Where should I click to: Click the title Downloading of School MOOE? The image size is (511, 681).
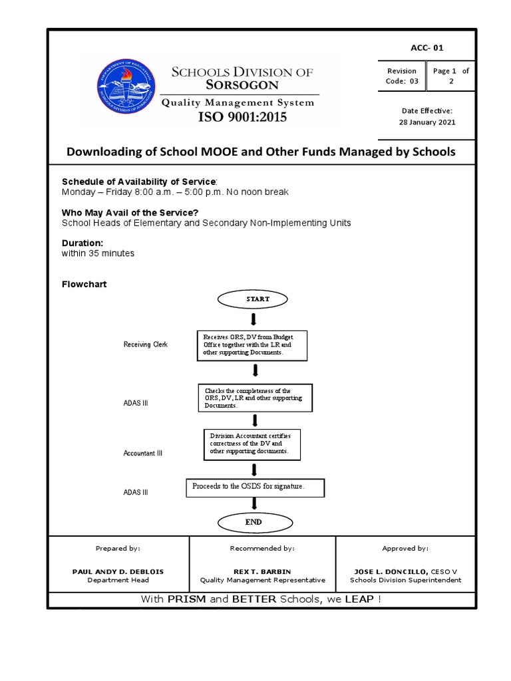(261, 152)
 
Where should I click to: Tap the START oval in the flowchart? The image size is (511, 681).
(257, 299)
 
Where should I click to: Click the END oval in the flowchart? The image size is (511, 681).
(253, 522)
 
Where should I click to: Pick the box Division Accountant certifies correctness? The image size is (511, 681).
(251, 443)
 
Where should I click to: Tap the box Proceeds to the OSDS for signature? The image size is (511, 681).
(255, 487)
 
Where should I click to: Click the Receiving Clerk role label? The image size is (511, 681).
(146, 344)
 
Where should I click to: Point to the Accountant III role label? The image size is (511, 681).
(143, 453)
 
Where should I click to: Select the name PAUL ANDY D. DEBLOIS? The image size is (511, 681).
(118, 571)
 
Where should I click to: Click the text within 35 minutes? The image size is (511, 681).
(98, 253)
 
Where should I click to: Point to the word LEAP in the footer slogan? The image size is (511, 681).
(359, 600)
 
